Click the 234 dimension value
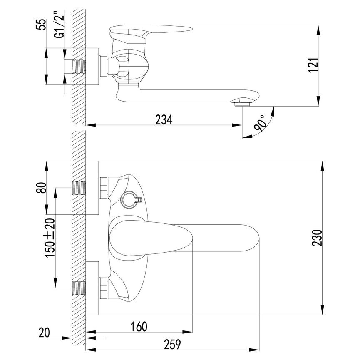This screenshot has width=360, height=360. [x=164, y=119]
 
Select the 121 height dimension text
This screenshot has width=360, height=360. [x=313, y=65]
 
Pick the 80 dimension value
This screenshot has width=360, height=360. [x=41, y=188]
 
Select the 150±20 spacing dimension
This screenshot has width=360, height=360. [x=50, y=238]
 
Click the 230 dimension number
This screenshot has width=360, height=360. [x=317, y=238]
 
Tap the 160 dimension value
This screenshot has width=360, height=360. [x=139, y=326]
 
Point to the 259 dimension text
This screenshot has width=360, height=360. [x=172, y=344]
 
